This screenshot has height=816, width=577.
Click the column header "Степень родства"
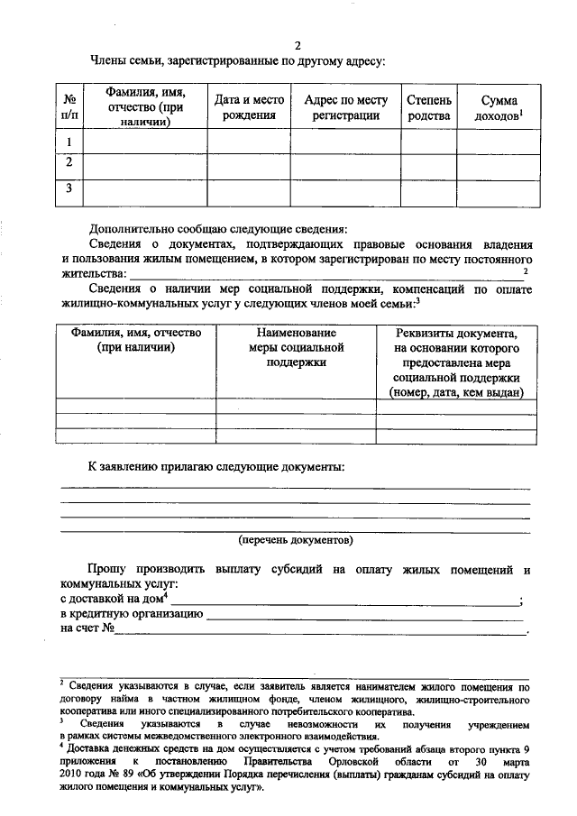pyautogui.click(x=428, y=106)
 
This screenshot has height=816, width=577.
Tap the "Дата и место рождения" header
pyautogui.click(x=249, y=106)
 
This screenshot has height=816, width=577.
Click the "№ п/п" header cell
pyautogui.click(x=69, y=106)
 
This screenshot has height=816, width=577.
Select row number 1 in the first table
pyautogui.click(x=69, y=142)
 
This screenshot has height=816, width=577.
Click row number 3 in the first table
pyautogui.click(x=69, y=188)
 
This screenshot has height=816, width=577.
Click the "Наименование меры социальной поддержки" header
pyautogui.click(x=295, y=347)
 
